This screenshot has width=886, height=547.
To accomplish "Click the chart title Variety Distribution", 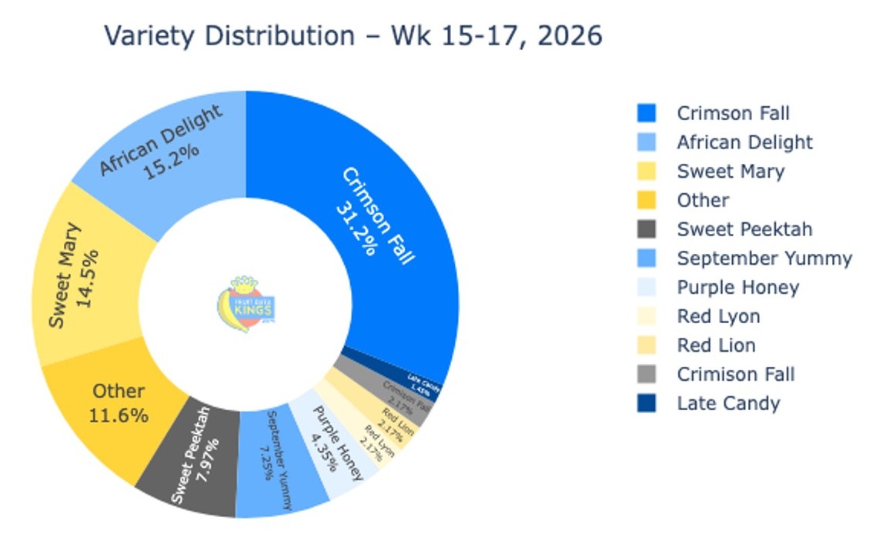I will [x=353, y=36].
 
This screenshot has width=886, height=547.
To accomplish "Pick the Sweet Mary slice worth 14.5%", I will [x=85, y=277].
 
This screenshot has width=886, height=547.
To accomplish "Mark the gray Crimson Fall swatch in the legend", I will [x=647, y=375].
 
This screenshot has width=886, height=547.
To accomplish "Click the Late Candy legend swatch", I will [x=647, y=403].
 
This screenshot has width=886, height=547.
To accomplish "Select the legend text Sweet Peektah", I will [x=744, y=229].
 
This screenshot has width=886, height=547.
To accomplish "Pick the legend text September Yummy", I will [x=764, y=258].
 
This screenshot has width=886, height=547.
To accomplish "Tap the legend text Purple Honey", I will [x=737, y=288].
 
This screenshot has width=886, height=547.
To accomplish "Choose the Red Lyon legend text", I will [x=718, y=316].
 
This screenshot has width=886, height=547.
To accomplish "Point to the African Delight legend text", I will [x=744, y=142].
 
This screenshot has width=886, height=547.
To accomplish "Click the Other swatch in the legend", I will [x=647, y=200].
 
